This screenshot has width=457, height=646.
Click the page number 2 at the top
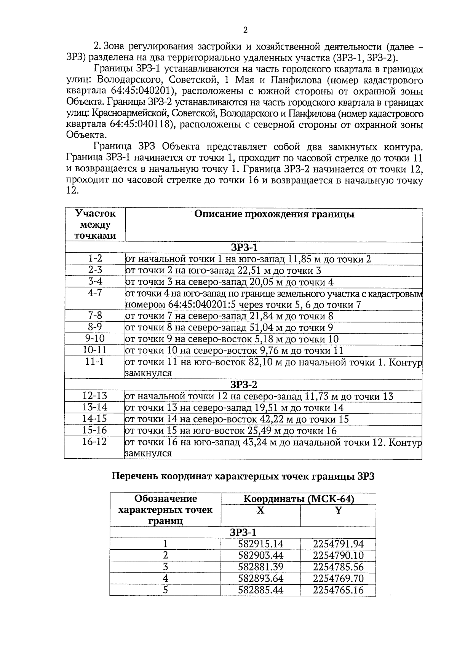[245, 30]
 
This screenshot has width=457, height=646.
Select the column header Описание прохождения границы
[274, 214]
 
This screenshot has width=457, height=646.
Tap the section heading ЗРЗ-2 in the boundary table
[244, 384]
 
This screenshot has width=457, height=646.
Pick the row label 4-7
[95, 293]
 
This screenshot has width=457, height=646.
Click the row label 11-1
[95, 362]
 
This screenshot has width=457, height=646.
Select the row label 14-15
[95, 419]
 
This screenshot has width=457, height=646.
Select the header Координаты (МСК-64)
[299, 499]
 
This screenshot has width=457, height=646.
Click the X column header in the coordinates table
[260, 510]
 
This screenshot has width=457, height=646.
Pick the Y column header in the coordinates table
[338, 510]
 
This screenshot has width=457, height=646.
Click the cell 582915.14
[261, 544]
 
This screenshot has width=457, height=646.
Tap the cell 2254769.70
[338, 579]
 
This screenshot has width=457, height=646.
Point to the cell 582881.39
[261, 567]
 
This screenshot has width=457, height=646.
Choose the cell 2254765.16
[338, 590]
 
